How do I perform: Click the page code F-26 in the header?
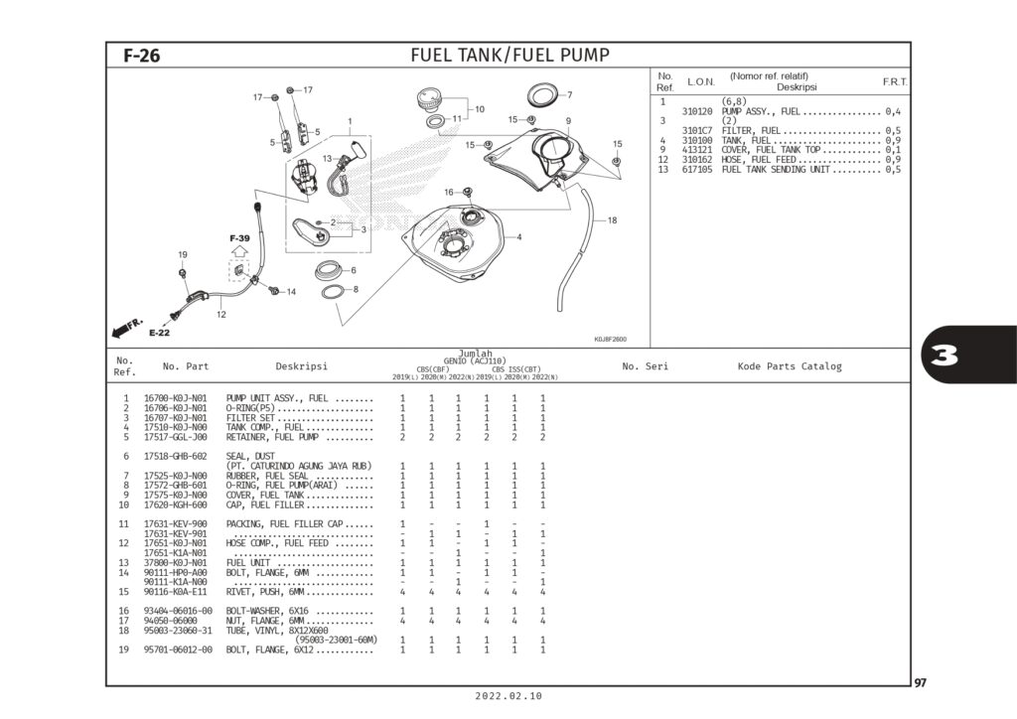point(141,56)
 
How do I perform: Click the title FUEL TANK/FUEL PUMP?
point(509,55)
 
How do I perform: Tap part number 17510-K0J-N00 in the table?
point(175,428)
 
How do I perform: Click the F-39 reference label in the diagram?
point(239,239)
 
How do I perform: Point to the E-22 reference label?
point(160,333)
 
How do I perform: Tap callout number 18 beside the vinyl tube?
point(612,220)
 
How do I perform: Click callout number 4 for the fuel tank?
point(518,237)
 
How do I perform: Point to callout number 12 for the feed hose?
point(220,314)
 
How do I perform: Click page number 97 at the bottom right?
point(921,681)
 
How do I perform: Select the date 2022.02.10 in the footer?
point(509,696)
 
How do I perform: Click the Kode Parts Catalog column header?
point(789,366)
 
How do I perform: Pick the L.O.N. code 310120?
point(699,111)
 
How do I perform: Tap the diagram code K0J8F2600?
point(610,338)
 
